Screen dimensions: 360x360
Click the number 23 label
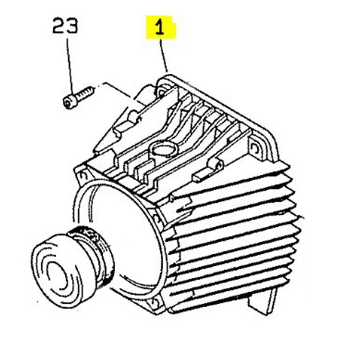[65, 25]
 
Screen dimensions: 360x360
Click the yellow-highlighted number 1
[160, 27]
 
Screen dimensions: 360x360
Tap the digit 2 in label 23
[59, 25]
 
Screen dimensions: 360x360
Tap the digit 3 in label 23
[72, 25]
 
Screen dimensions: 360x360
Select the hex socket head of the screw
[68, 102]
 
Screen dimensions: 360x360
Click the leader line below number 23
[70, 67]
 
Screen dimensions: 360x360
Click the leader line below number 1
[164, 56]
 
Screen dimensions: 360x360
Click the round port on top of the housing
[163, 148]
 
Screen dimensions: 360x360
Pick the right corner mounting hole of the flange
[254, 147]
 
